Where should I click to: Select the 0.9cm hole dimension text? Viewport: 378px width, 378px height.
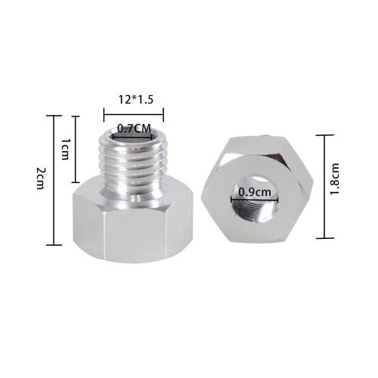tap(251, 192)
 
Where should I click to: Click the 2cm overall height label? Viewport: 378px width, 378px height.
tap(40, 181)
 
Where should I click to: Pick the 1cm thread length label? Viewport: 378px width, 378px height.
tap(65, 149)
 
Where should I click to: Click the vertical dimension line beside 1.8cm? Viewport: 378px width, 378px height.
tap(324, 185)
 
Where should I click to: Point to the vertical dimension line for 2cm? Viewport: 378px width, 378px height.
tap(53, 180)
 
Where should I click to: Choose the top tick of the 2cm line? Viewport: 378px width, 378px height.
tap(53, 116)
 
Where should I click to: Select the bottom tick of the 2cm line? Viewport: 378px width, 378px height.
tap(53, 245)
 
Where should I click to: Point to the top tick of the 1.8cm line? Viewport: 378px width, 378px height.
tap(324, 135)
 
